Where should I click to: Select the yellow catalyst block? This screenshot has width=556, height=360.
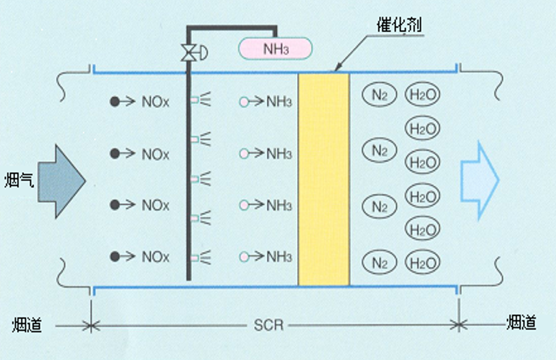324,179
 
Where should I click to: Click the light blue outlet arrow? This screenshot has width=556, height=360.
479,180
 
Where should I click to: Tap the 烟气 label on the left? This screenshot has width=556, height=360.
16,180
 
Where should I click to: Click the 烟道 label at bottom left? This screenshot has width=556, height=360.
27,324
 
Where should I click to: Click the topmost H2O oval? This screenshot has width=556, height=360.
422,94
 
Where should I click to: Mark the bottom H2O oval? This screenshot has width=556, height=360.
422,261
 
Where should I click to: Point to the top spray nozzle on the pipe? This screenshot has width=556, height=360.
198,101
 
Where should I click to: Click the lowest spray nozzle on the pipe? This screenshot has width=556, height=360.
198,258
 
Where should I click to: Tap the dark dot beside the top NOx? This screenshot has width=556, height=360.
115,102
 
